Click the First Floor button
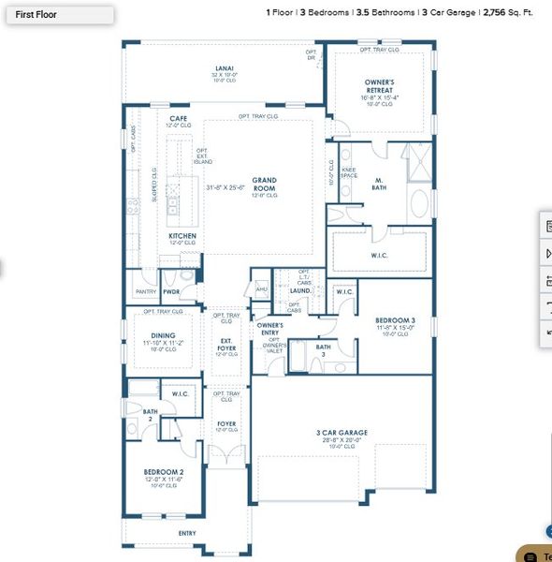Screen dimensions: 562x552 [58, 15]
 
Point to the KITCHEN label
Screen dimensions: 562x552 [182, 236]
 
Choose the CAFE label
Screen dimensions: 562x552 [178, 119]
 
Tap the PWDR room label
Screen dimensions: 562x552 [171, 292]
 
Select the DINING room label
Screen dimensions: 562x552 [163, 336]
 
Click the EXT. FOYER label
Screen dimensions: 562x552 [226, 345]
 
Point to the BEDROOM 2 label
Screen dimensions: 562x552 [163, 472]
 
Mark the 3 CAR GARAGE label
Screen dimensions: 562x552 [341, 433]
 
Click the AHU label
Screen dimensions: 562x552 [262, 290]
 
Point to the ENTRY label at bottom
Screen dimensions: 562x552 [188, 534]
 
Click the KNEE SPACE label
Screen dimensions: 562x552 [349, 172]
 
